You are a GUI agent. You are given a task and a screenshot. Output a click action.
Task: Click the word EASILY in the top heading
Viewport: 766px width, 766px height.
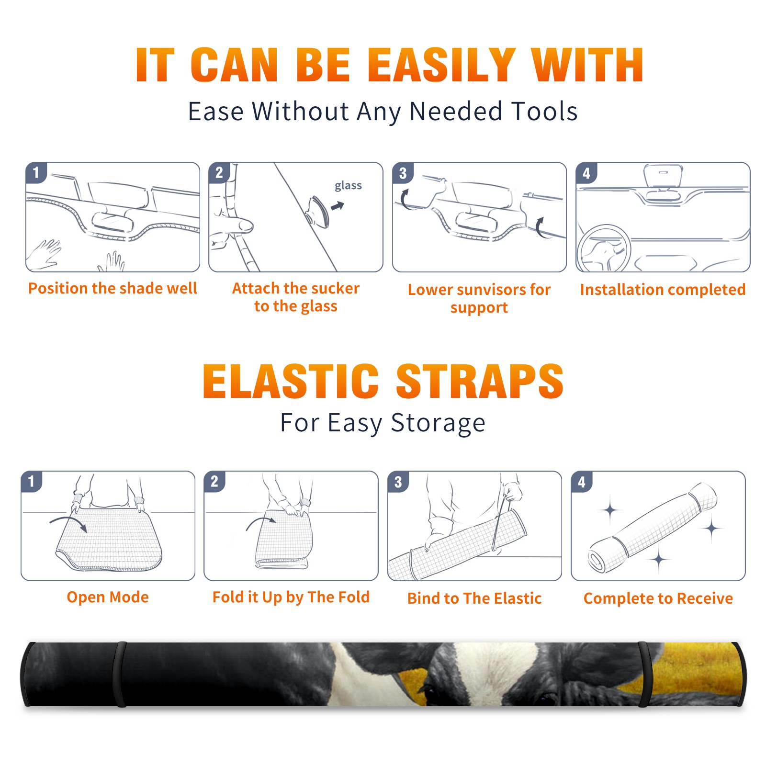[441, 65]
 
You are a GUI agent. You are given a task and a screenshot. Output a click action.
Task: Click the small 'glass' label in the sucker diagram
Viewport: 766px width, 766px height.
[348, 186]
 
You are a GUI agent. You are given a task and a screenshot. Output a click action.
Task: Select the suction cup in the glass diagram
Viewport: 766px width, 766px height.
[318, 212]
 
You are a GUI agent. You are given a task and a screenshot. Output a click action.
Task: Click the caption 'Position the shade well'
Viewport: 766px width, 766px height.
[113, 288]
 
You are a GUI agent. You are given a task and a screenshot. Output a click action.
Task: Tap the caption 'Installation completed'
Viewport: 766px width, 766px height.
[663, 289]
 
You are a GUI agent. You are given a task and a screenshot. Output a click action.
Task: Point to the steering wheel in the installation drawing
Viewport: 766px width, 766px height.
[604, 249]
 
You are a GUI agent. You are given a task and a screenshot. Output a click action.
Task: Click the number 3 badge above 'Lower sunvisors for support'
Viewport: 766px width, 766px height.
[403, 173]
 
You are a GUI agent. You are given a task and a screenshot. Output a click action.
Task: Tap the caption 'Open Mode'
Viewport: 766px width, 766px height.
[108, 597]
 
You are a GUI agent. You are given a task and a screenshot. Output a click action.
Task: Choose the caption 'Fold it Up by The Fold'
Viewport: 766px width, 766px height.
[291, 597]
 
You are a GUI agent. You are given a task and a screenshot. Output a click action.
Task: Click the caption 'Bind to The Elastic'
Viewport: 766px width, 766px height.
[474, 598]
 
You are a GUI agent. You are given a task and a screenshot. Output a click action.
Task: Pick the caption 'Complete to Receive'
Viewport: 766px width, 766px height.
[658, 598]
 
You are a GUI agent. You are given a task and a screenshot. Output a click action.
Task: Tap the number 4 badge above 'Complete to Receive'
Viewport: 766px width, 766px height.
[582, 482]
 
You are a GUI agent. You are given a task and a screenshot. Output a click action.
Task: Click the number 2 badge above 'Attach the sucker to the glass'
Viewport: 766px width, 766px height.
[219, 173]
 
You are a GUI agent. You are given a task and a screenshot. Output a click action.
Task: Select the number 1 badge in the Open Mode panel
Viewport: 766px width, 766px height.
[32, 482]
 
